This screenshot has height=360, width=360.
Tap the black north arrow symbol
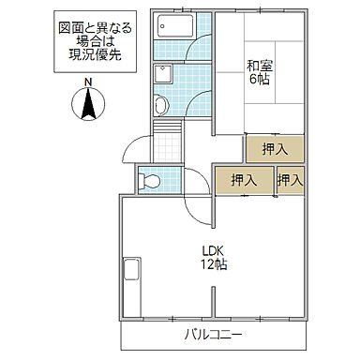click(87, 105)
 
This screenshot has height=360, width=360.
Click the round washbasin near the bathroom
click(160, 104)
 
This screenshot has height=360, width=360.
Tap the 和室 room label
click(259, 66)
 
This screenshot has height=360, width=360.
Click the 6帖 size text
click(259, 81)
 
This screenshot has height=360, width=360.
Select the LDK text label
click(214, 250)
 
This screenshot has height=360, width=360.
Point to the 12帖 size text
click(214, 265)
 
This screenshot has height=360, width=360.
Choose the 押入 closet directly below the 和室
click(275, 148)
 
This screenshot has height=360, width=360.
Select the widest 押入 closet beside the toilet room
click(243, 180)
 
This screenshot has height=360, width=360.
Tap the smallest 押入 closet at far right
click(291, 180)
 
